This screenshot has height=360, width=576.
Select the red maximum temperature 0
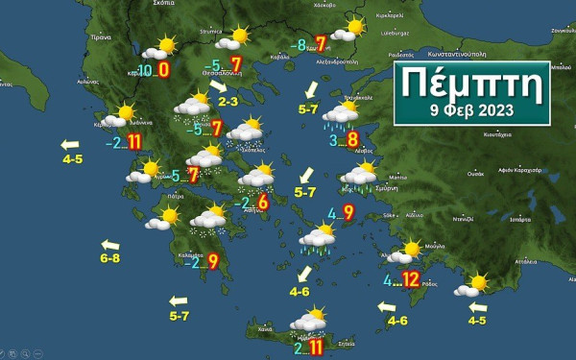tap(164, 69)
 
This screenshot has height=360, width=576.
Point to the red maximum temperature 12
tap(411, 280)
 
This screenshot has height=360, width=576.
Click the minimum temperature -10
tap(144, 71)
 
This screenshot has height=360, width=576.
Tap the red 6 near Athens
tap(262, 201)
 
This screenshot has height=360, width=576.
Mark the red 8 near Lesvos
tap(352, 141)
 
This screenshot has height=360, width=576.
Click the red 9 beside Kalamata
tap(212, 260)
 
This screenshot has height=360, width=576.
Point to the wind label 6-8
tap(110, 257)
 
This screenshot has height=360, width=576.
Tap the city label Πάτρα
tap(173, 195)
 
